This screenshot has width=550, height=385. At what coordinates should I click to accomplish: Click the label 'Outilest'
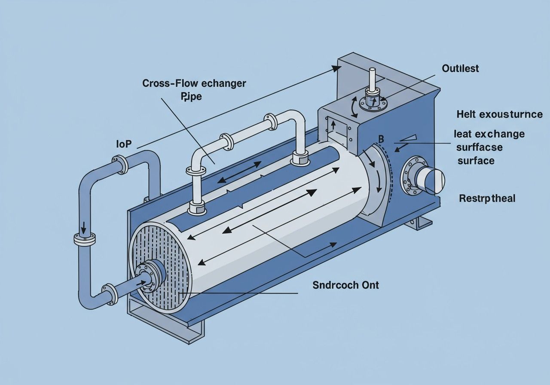(x=460, y=68)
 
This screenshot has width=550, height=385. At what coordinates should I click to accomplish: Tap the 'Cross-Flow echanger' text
(x=194, y=83)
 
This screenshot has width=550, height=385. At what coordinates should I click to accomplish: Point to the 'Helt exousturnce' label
(x=499, y=114)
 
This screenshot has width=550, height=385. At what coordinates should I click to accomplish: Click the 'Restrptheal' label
(x=487, y=199)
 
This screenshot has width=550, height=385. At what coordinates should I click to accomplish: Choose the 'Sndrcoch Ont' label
(x=346, y=284)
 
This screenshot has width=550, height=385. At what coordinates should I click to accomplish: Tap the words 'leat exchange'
(x=489, y=134)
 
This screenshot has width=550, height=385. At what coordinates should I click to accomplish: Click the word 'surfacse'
(x=479, y=147)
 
